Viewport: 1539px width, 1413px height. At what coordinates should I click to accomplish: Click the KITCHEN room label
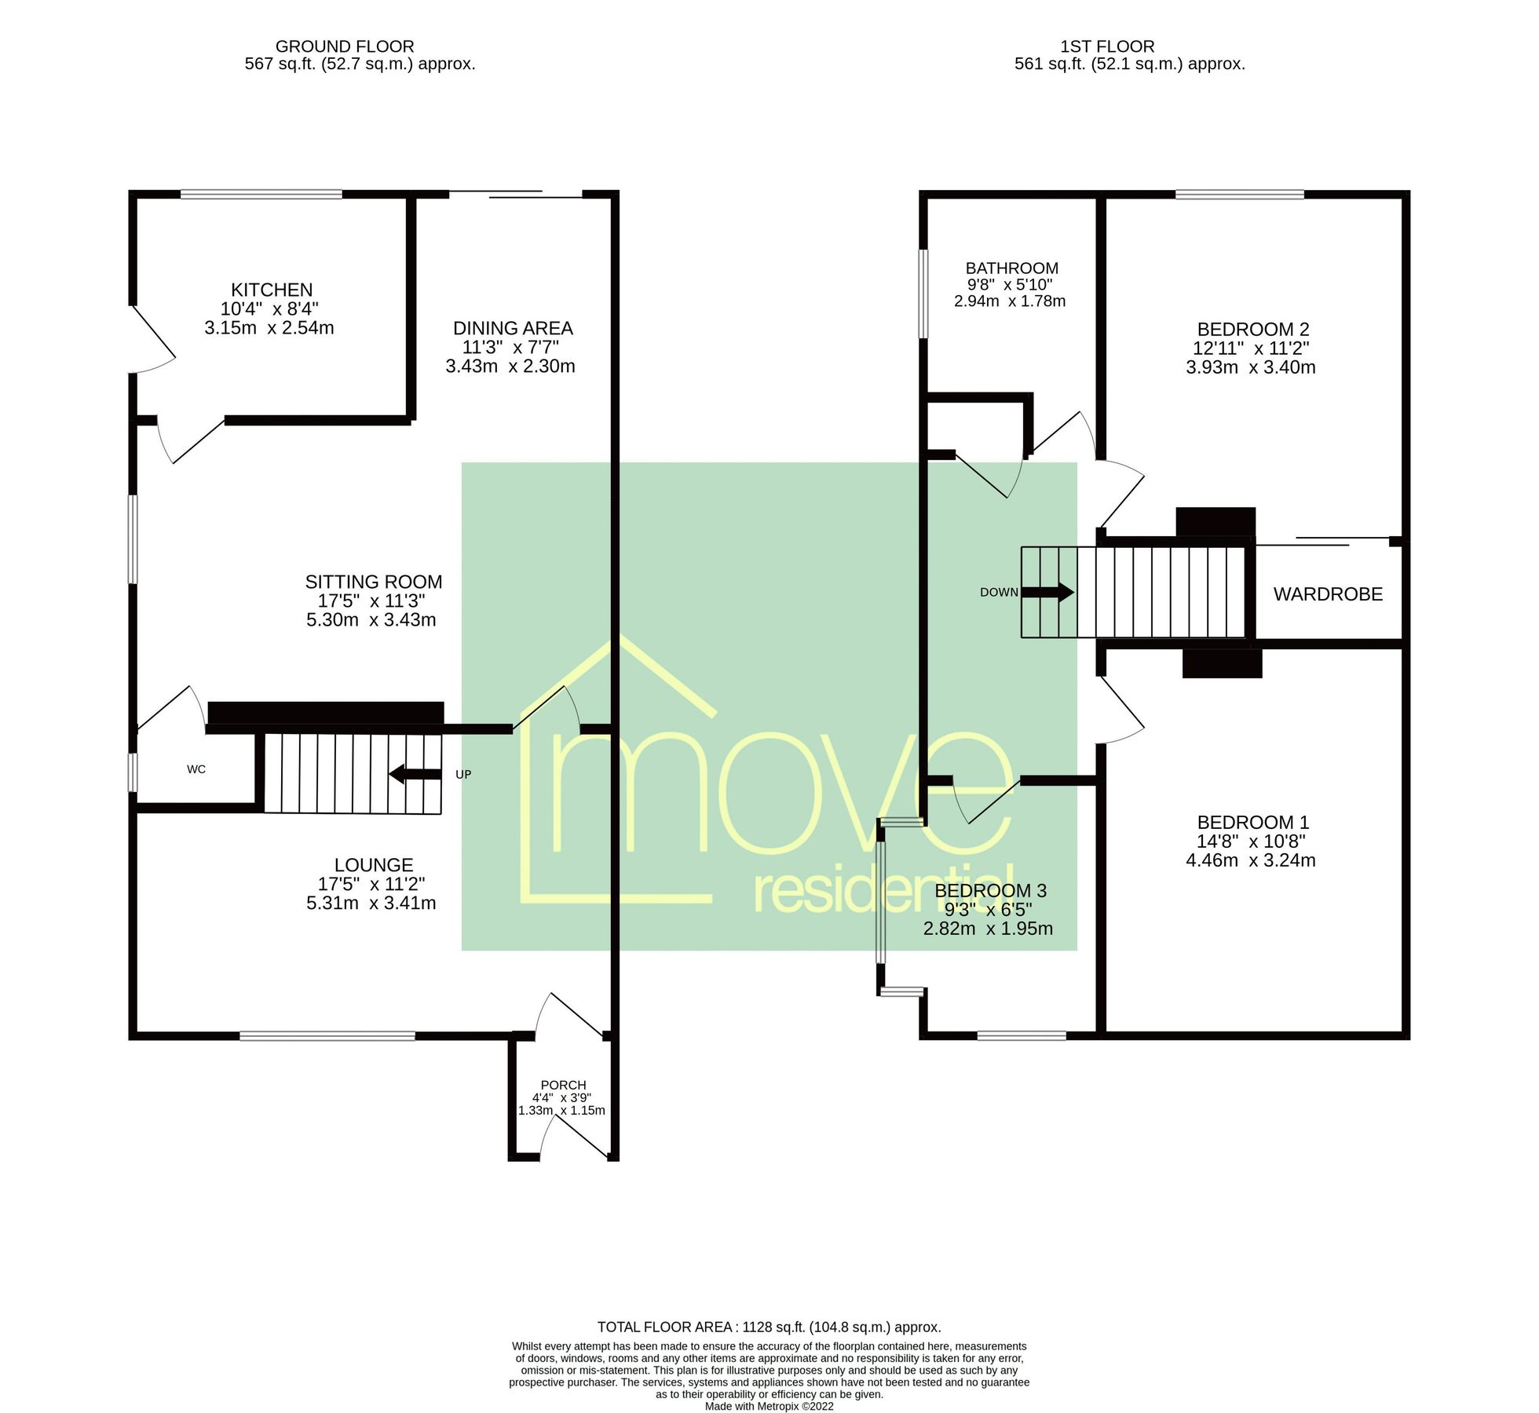[272, 290]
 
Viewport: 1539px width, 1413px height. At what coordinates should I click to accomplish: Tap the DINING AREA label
[513, 328]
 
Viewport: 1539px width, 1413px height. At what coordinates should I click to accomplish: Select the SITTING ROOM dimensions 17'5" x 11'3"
[371, 601]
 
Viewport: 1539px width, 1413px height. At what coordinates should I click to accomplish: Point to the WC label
[196, 769]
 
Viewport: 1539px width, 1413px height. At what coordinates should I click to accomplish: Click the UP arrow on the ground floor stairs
[415, 774]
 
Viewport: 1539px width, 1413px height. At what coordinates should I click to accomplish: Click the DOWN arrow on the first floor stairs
[1047, 592]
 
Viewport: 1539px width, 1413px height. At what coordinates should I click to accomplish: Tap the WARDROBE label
[1328, 594]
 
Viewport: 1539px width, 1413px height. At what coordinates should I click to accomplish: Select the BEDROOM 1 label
[1252, 823]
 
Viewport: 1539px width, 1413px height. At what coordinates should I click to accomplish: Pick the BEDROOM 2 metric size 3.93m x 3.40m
[1250, 367]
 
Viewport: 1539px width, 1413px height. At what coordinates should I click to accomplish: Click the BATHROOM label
[1011, 268]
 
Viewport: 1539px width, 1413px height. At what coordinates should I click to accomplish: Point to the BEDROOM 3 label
[990, 891]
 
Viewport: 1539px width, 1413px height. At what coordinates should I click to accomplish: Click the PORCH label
[563, 1085]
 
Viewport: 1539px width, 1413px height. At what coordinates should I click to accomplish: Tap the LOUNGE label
[374, 865]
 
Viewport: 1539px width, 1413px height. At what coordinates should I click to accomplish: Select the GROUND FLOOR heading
[345, 46]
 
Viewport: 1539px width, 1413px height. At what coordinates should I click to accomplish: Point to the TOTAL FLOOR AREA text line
[769, 1327]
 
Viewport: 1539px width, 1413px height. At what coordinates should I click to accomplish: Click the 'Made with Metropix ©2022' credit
[769, 1406]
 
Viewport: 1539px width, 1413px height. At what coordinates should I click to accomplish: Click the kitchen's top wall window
[261, 194]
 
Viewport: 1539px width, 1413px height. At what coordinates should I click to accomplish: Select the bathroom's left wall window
[923, 294]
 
